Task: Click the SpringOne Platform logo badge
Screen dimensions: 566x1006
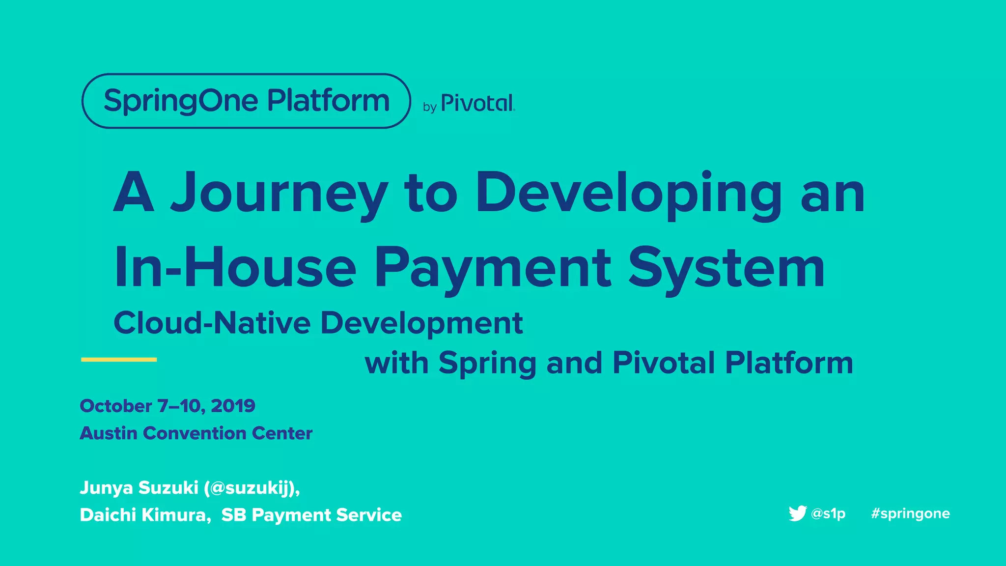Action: click(246, 101)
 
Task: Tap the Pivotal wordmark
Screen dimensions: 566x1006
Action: click(477, 103)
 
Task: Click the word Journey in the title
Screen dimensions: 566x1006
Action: click(279, 193)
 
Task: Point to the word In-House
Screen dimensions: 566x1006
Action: click(235, 268)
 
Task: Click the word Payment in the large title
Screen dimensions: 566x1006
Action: click(493, 268)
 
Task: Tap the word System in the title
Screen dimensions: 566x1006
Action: click(727, 268)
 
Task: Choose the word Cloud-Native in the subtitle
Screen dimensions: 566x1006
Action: click(212, 323)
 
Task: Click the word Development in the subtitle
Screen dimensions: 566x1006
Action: click(421, 323)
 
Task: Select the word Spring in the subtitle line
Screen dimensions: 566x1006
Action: click(487, 364)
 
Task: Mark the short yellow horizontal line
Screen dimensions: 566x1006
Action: click(119, 360)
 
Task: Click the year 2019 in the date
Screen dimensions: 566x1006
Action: click(233, 406)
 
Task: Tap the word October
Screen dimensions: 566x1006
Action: click(116, 406)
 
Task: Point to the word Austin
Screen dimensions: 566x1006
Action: click(108, 433)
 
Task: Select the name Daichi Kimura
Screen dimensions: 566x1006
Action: click(145, 515)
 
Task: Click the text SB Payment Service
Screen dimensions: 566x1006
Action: click(311, 515)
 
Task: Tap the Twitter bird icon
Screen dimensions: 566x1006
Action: click(797, 513)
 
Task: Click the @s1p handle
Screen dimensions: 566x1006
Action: click(828, 513)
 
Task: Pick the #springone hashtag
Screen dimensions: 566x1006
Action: click(910, 513)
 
